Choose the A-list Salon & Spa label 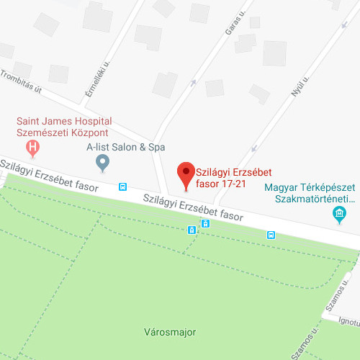point(120,146)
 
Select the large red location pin point(186,175)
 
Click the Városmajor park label point(170,332)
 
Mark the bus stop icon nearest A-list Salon point(123,186)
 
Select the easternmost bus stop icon point(271,234)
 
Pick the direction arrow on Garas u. point(192,81)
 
